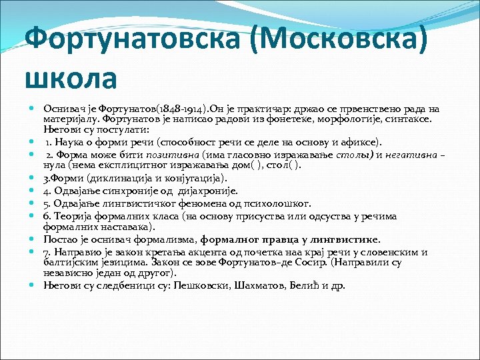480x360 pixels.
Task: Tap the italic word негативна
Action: click(412, 155)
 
